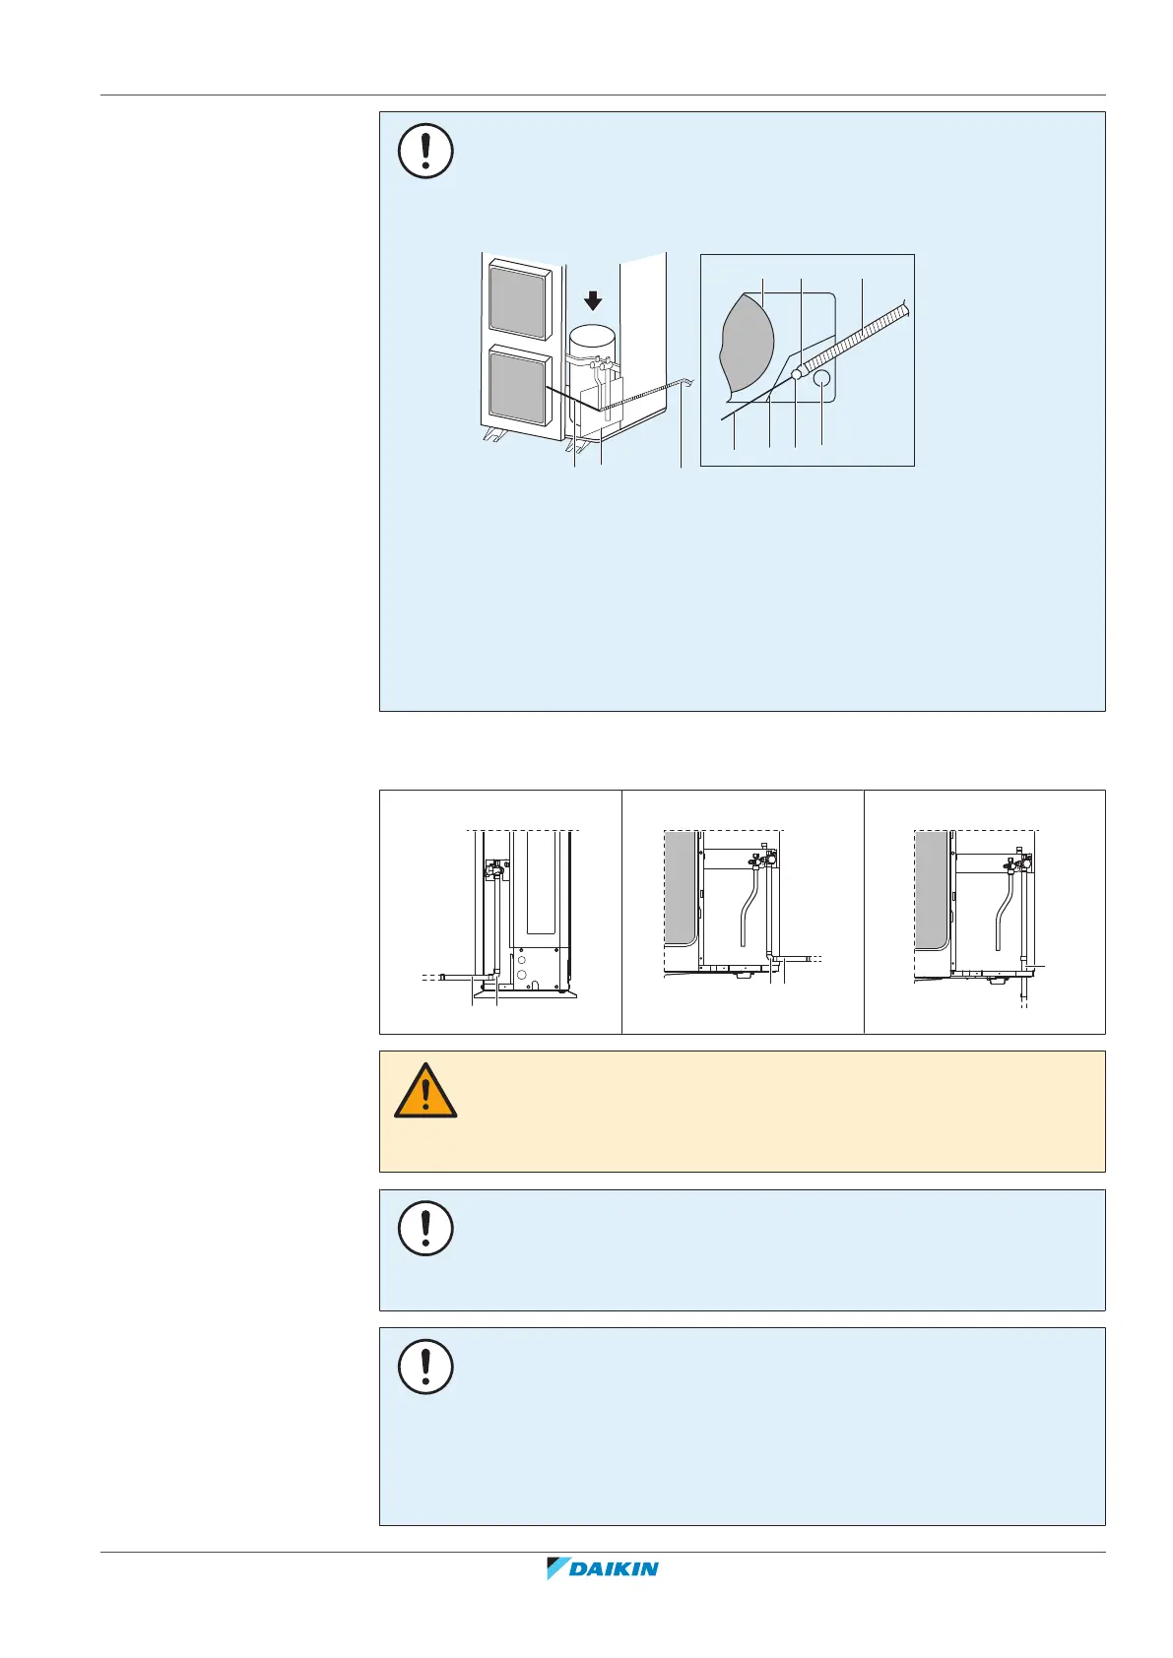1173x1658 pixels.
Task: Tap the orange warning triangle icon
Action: pyautogui.click(x=425, y=1092)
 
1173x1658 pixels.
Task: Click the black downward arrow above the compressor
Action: pyautogui.click(x=592, y=298)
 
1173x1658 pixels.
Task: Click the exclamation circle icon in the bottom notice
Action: pyautogui.click(x=425, y=1366)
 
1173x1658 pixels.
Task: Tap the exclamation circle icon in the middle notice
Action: pyautogui.click(x=425, y=1228)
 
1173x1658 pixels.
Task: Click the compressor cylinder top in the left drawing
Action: pyautogui.click(x=592, y=337)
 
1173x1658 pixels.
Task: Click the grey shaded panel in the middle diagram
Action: pyautogui.click(x=681, y=886)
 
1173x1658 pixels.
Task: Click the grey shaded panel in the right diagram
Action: pyautogui.click(x=931, y=886)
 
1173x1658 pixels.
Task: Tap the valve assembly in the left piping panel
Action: pyautogui.click(x=493, y=868)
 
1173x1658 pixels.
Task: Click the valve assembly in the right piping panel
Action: pyautogui.click(x=1017, y=861)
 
